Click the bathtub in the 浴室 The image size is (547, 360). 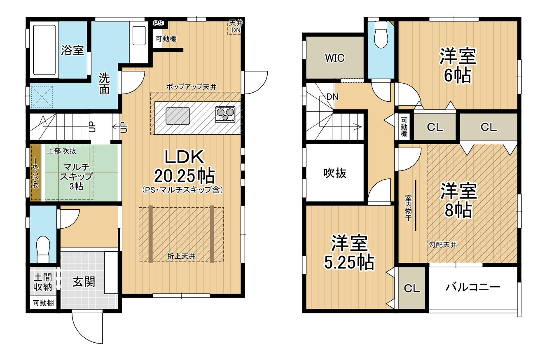(x=44, y=50)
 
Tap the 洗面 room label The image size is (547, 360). (x=104, y=84)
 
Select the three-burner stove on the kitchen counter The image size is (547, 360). (x=225, y=114)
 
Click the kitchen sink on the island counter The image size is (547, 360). (x=178, y=116)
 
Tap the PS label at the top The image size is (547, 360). (x=158, y=23)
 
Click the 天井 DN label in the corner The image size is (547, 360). (x=236, y=26)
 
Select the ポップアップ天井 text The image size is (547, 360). (x=191, y=86)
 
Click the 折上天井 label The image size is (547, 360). (x=181, y=256)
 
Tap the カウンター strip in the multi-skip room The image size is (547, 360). (x=36, y=173)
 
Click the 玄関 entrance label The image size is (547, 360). (x=84, y=282)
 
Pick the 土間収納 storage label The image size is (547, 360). (x=43, y=282)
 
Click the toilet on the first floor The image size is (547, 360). (x=43, y=249)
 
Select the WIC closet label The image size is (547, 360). (x=334, y=58)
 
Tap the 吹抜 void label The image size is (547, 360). (x=335, y=173)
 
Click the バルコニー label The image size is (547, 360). (x=473, y=287)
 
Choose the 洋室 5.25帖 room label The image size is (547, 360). (x=349, y=252)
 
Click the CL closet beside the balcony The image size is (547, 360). (x=412, y=288)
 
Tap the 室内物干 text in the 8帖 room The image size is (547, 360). (x=408, y=208)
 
